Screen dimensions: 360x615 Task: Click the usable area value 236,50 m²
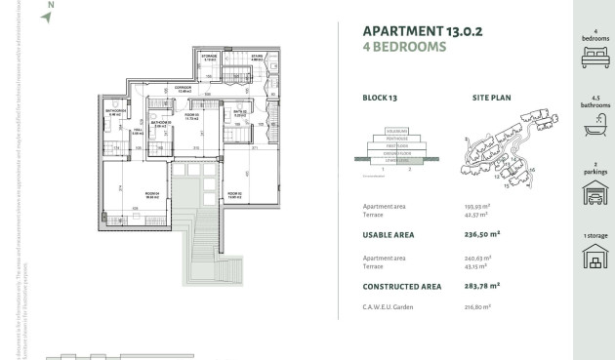(x=482, y=234)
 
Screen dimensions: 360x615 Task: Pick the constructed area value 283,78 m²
(x=482, y=286)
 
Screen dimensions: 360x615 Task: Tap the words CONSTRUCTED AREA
(x=405, y=286)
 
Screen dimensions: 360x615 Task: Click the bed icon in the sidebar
(x=594, y=59)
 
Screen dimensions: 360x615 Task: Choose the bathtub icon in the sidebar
(x=594, y=126)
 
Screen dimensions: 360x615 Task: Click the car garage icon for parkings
(x=594, y=193)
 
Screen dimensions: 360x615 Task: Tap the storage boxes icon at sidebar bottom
(x=594, y=260)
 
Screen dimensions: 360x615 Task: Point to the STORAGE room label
(x=209, y=57)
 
